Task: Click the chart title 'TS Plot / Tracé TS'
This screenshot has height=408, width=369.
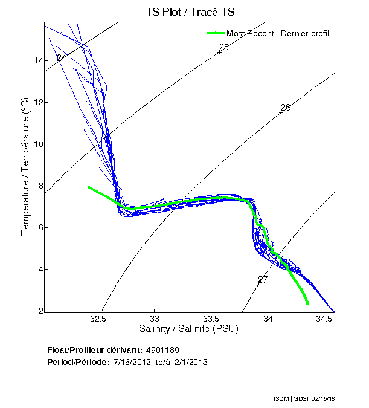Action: [x=189, y=12]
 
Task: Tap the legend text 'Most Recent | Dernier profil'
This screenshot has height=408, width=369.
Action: [x=278, y=33]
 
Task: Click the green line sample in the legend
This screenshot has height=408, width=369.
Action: [x=215, y=33]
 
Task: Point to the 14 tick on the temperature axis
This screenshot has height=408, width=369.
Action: [x=38, y=60]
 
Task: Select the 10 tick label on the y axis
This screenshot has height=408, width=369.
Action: [x=38, y=144]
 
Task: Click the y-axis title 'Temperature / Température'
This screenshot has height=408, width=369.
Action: [x=25, y=166]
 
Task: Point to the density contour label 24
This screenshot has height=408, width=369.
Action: [x=61, y=58]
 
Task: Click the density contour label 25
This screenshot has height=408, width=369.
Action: [x=223, y=47]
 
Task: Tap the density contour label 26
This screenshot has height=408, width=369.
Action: [x=286, y=107]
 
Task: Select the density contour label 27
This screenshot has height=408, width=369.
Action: [x=262, y=280]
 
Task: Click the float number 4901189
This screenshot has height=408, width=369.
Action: [x=162, y=350]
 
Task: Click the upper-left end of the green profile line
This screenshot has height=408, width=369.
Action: [x=89, y=187]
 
